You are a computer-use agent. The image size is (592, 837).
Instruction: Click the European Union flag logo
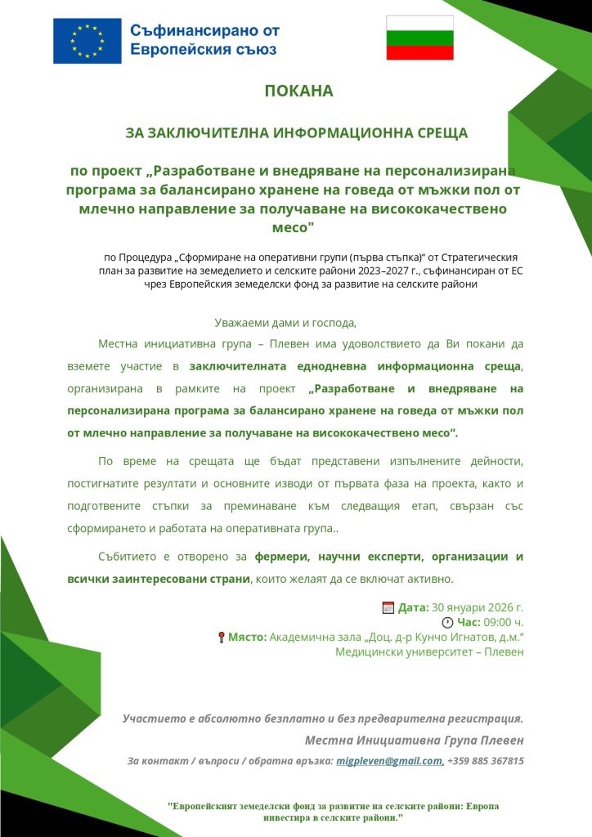pyautogui.click(x=87, y=41)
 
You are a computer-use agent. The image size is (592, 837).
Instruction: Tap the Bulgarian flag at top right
pyautogui.click(x=419, y=38)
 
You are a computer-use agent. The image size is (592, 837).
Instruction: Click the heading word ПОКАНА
pyautogui.click(x=299, y=91)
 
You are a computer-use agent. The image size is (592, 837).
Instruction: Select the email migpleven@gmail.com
pyautogui.click(x=390, y=761)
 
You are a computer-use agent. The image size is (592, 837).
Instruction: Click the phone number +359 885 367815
pyautogui.click(x=486, y=761)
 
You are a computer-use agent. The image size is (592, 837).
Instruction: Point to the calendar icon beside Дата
pyautogui.click(x=388, y=607)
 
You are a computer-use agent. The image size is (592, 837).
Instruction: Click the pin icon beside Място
pyautogui.click(x=221, y=638)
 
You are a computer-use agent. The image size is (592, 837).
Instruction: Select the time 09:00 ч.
pyautogui.click(x=504, y=623)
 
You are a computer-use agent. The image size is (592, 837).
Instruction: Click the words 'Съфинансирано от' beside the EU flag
pyautogui.click(x=204, y=31)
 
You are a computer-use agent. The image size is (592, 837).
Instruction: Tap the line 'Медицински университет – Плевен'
pyautogui.click(x=429, y=652)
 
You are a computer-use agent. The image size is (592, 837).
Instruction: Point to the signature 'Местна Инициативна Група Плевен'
pyautogui.click(x=414, y=740)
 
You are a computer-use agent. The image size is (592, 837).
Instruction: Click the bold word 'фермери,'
pyautogui.click(x=285, y=557)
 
